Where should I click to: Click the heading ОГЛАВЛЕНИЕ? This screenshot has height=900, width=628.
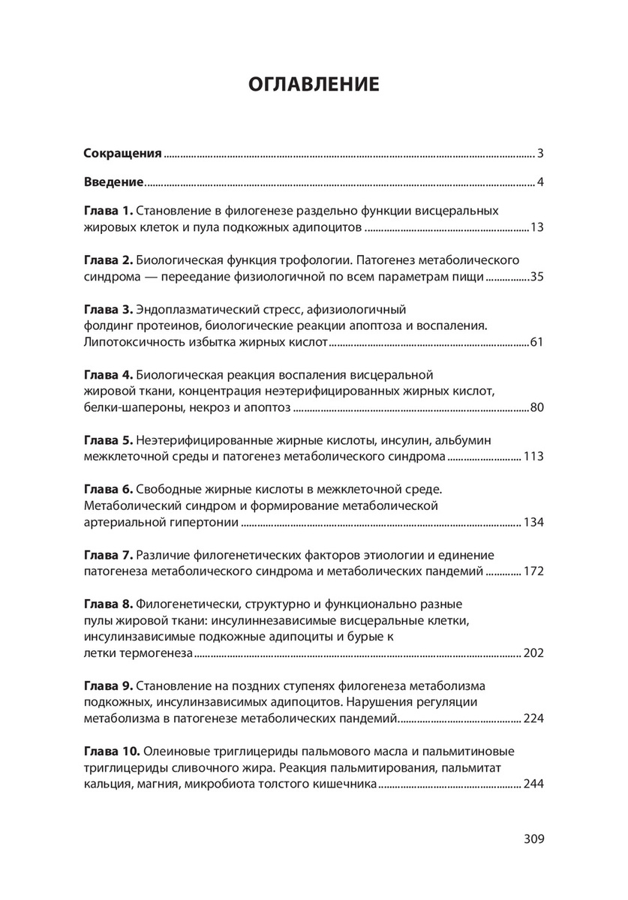(314, 83)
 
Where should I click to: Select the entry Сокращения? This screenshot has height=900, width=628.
(122, 154)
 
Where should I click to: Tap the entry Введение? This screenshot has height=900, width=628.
(113, 181)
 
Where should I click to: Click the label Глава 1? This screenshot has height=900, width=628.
(107, 211)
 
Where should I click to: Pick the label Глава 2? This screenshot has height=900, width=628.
(107, 260)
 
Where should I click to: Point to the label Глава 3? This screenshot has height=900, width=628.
(107, 309)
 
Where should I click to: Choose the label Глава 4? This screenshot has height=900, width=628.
(107, 374)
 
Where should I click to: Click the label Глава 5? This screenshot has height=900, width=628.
(107, 439)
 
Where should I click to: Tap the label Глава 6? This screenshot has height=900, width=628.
(107, 489)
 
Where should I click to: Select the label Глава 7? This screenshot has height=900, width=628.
(107, 554)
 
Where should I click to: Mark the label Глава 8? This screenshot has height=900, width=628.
(107, 604)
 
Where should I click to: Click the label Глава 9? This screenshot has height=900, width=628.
(107, 685)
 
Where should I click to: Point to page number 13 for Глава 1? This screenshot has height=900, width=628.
(536, 227)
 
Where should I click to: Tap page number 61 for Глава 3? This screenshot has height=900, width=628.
(536, 342)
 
